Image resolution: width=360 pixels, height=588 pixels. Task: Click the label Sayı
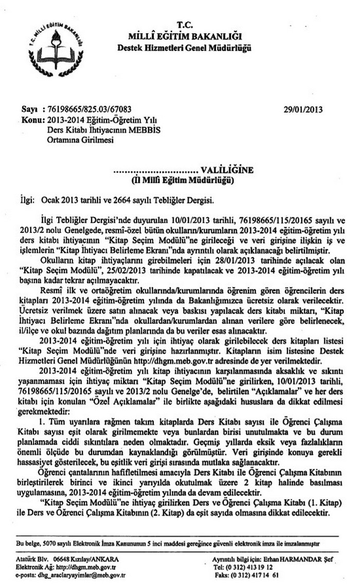(x=29, y=109)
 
